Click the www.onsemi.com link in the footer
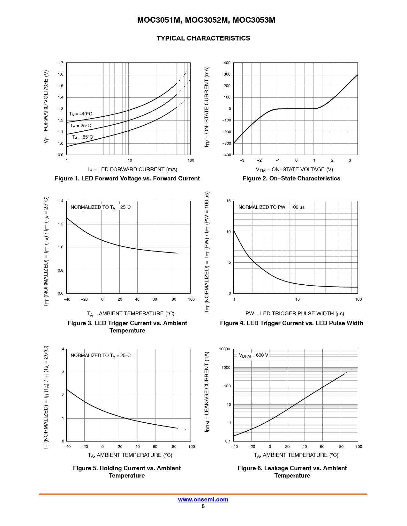tap(203, 500)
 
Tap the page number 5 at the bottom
tap(203, 507)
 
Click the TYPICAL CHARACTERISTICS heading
tap(203, 38)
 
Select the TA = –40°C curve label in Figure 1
tap(80, 114)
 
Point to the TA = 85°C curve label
tap(82, 137)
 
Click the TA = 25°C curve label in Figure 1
tap(80, 126)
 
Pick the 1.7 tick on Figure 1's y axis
tap(61, 63)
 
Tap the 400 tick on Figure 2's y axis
tap(227, 63)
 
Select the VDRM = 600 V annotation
tap(253, 355)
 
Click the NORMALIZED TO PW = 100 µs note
tap(271, 207)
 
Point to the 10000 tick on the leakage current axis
tap(224, 349)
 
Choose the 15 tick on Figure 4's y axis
tap(229, 201)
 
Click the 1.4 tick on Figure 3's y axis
tap(61, 201)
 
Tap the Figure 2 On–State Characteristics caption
tap(291, 179)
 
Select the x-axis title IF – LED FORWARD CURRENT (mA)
tap(132, 170)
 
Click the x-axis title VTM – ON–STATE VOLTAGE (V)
tap(294, 170)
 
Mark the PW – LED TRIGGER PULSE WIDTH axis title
tap(295, 314)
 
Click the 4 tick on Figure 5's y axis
tap(63, 349)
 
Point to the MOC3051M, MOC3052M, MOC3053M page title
tap(206, 20)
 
